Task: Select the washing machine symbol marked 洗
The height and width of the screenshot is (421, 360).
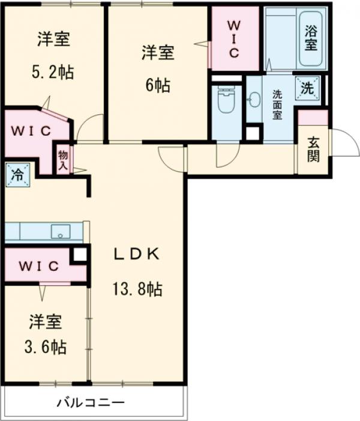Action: tap(307, 89)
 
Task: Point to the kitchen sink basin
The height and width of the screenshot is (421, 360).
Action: tap(61, 231)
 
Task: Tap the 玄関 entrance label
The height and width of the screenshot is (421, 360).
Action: tap(313, 150)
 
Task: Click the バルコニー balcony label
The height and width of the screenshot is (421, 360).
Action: tap(91, 402)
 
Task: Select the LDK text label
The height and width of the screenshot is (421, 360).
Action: tap(137, 254)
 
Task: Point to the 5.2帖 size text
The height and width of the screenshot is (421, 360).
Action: tap(53, 72)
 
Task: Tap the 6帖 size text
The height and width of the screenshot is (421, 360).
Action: tap(158, 85)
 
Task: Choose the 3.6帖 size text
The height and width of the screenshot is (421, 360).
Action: tap(45, 347)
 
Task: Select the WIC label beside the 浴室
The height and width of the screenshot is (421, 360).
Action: tap(233, 38)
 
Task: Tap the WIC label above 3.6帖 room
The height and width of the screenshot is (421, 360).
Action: tap(38, 265)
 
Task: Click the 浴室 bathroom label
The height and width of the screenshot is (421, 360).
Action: tap(310, 37)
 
